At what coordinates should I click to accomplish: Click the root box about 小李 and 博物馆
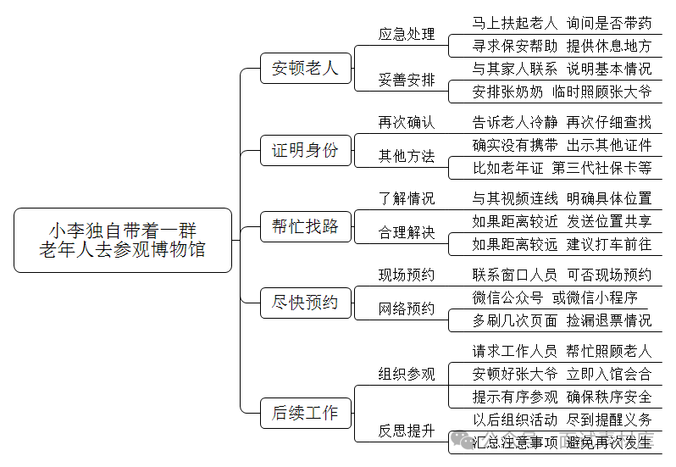pyautogui.click(x=123, y=240)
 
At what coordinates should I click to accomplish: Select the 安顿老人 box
pyautogui.click(x=305, y=69)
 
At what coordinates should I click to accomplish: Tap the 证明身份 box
pyautogui.click(x=305, y=151)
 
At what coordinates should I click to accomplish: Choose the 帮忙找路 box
pyautogui.click(x=305, y=226)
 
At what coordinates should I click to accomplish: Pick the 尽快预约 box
pyautogui.click(x=305, y=303)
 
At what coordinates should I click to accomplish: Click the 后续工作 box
pyautogui.click(x=305, y=413)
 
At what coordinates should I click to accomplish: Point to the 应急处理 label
pyautogui.click(x=407, y=35)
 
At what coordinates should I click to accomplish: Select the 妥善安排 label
pyautogui.click(x=407, y=81)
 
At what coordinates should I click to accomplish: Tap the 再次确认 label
pyautogui.click(x=407, y=123)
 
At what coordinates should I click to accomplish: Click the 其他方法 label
pyautogui.click(x=407, y=156)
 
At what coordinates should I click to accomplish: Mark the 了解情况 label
pyautogui.click(x=407, y=198)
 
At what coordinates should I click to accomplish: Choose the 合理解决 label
pyautogui.click(x=407, y=232)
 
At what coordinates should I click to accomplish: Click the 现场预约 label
pyautogui.click(x=407, y=275)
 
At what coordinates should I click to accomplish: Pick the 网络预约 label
pyautogui.click(x=407, y=309)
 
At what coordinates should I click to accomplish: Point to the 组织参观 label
pyautogui.click(x=407, y=375)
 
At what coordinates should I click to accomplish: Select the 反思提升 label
pyautogui.click(x=407, y=431)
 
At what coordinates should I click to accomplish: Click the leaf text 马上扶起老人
pyautogui.click(x=515, y=23)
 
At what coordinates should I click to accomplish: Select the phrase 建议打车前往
pyautogui.click(x=609, y=244)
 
